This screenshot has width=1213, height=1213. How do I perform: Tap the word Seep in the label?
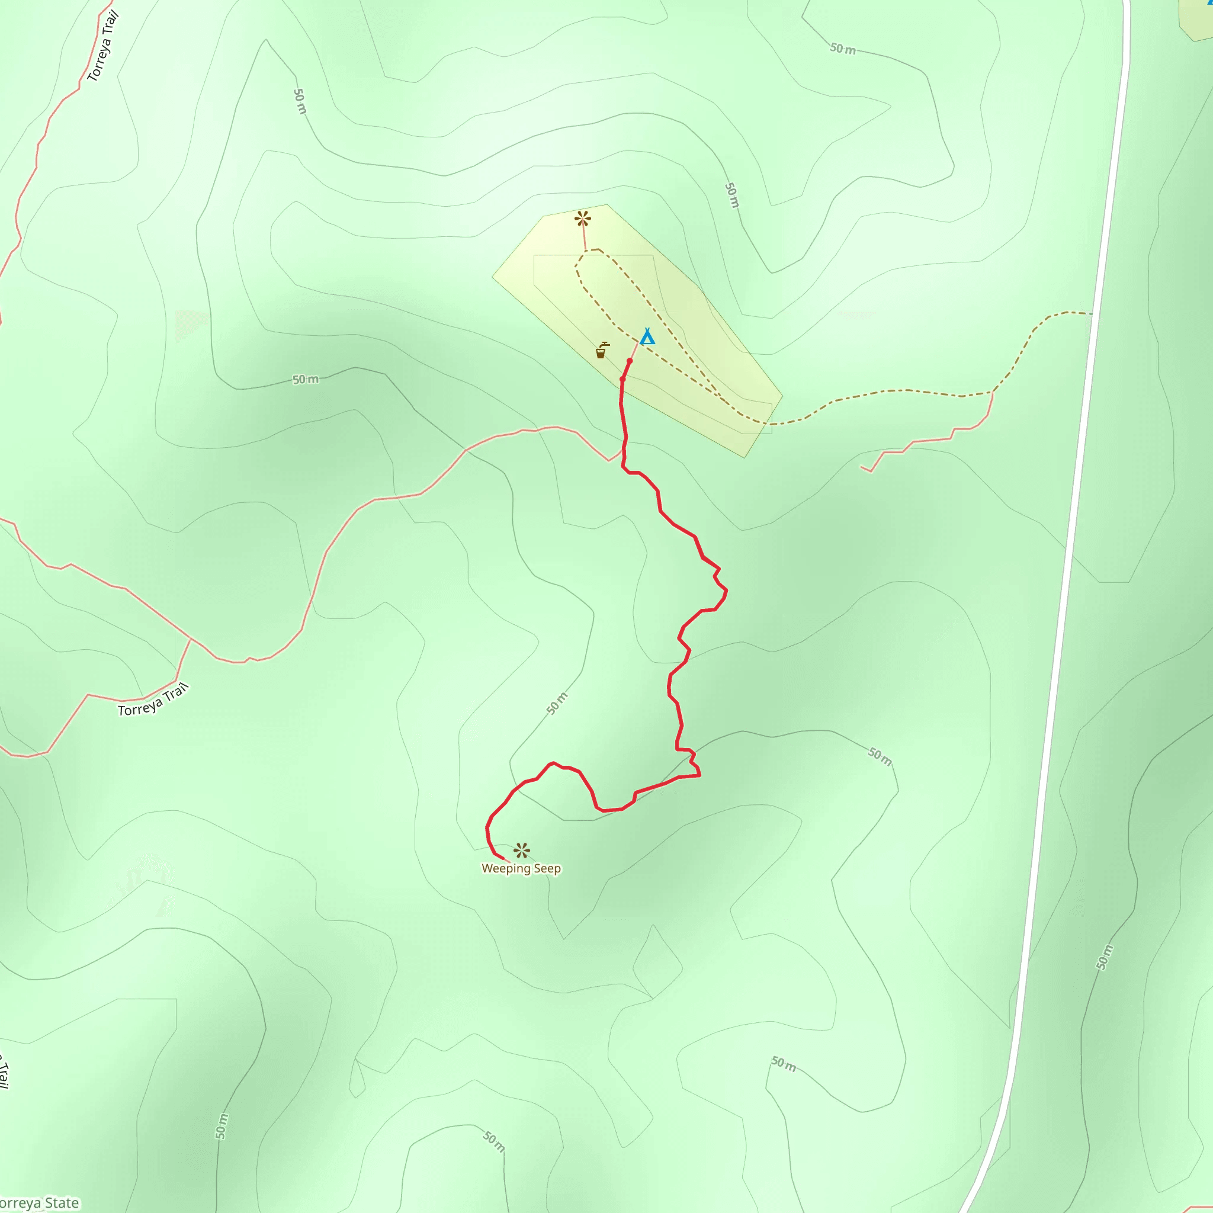point(546,869)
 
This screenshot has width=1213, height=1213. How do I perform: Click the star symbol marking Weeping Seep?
point(521,851)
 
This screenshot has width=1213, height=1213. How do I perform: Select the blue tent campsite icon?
point(647,337)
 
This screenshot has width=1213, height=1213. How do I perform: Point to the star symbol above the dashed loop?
point(583,219)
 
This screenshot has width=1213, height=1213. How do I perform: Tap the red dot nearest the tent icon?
point(630,361)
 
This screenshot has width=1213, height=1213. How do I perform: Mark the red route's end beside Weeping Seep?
point(504,859)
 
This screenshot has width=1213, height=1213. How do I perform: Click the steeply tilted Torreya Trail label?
point(104,46)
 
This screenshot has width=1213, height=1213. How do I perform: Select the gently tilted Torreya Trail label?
point(153,701)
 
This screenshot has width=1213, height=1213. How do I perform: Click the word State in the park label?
point(62,1203)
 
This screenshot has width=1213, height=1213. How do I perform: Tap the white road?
point(1067,565)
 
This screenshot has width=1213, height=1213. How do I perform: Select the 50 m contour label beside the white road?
point(1105,958)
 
